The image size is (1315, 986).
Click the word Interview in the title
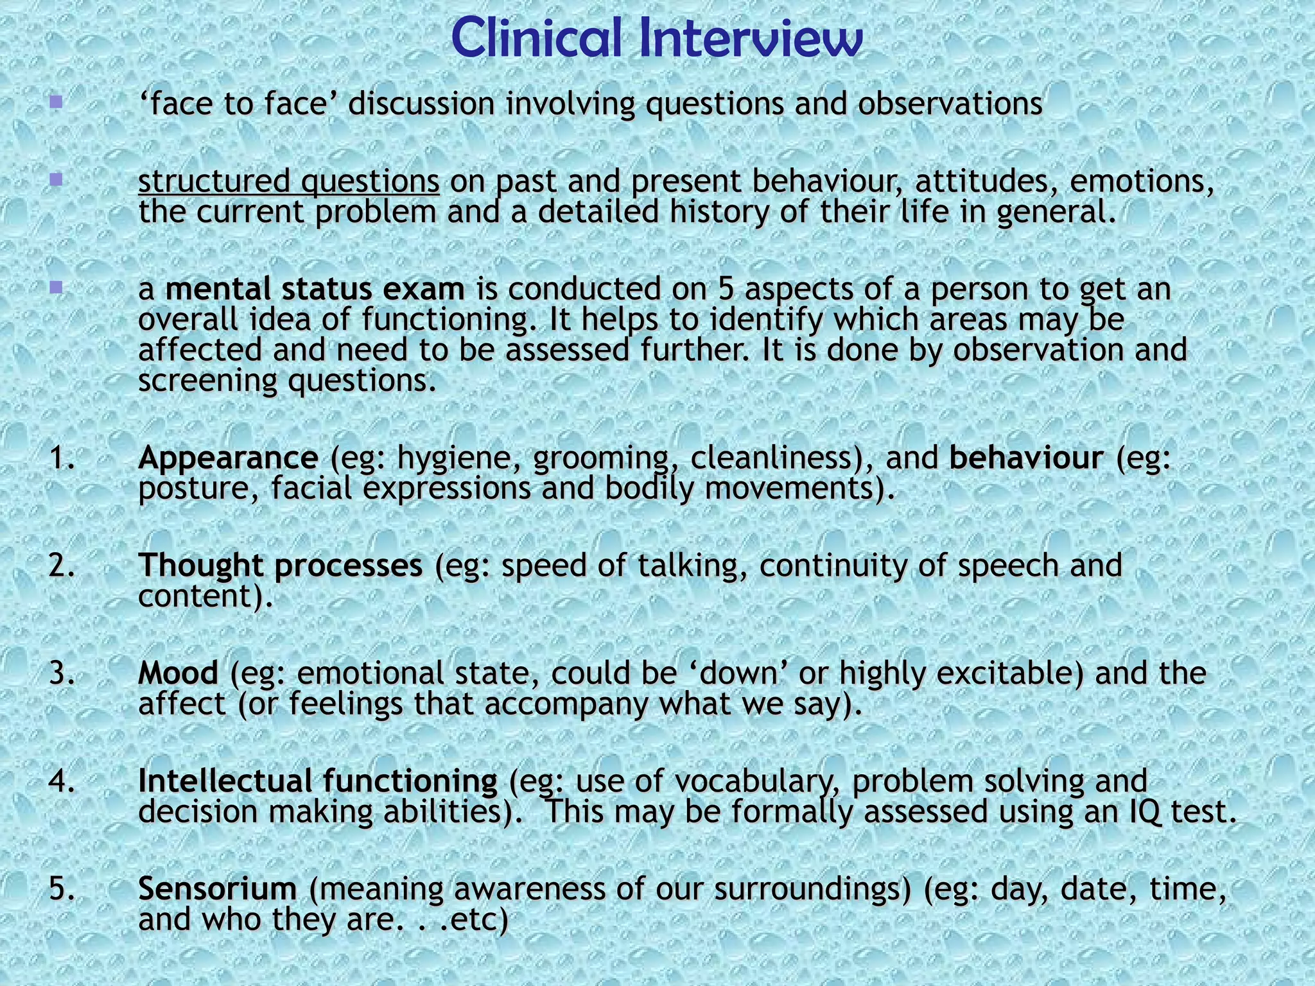tap(751, 39)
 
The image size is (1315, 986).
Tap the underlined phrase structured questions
tap(288, 182)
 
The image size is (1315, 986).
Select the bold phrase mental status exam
tap(315, 290)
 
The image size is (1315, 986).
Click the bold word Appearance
tap(228, 458)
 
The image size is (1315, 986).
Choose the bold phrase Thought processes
tap(281, 566)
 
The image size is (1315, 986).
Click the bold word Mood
tap(179, 673)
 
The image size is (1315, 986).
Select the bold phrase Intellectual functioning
tap(318, 781)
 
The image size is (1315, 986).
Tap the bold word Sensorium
tap(218, 889)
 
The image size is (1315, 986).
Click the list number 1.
tap(61, 458)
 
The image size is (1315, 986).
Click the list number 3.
tap(61, 673)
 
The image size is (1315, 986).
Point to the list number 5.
tap(61, 889)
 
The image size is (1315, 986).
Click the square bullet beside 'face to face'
tap(57, 102)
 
